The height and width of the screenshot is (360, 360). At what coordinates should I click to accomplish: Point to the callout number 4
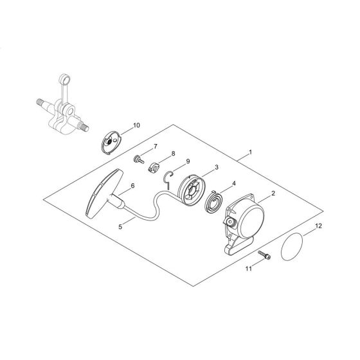pyautogui.click(x=234, y=183)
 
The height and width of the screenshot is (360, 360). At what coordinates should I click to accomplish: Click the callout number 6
pyautogui.click(x=132, y=186)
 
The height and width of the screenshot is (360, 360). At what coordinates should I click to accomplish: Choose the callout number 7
pyautogui.click(x=154, y=147)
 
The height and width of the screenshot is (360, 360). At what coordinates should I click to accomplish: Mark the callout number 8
pyautogui.click(x=172, y=154)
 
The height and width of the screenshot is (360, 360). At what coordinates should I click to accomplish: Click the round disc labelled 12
pyautogui.click(x=296, y=246)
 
